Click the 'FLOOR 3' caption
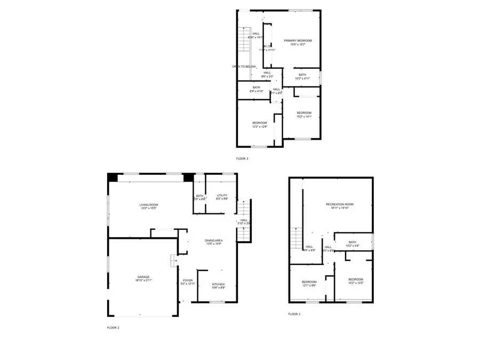coord(242,158)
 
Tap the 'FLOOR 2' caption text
coord(113,327)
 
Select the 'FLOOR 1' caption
coord(294,314)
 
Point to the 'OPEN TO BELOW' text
coord(244,67)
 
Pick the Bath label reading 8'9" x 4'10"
coord(257,89)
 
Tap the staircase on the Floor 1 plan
coord(296,238)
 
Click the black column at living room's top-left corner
coord(113,178)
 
